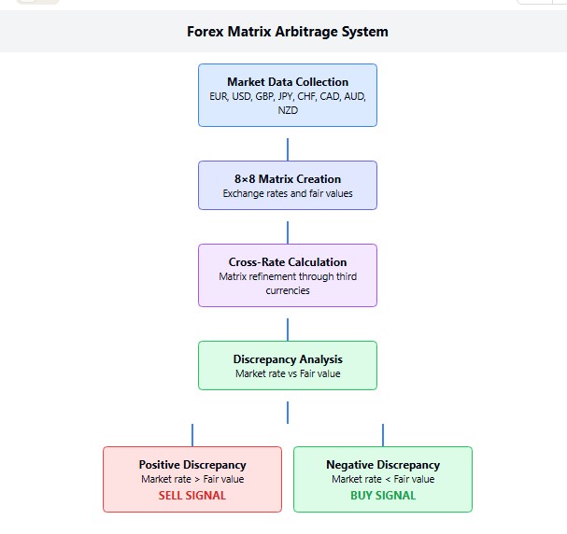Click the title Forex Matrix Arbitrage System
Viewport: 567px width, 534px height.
click(288, 32)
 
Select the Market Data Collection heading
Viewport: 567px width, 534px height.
click(288, 82)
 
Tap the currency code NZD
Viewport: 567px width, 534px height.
click(288, 110)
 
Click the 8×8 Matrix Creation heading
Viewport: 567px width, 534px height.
click(288, 179)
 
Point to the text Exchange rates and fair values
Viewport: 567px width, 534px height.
click(288, 193)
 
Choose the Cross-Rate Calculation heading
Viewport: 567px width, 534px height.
click(288, 262)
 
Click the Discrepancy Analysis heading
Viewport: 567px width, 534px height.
click(288, 359)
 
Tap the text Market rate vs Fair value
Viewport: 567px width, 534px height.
click(288, 373)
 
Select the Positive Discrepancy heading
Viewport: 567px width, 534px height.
click(192, 465)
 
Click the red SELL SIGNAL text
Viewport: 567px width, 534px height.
click(192, 496)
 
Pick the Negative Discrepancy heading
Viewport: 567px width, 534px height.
click(383, 465)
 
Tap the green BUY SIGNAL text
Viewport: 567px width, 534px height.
click(383, 496)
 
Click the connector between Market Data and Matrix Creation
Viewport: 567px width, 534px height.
click(288, 149)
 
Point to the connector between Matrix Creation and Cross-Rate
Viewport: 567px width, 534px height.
click(288, 232)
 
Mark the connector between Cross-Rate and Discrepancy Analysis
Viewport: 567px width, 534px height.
click(288, 330)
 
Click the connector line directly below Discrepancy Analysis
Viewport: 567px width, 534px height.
click(288, 413)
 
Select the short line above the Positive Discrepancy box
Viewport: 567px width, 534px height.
click(192, 435)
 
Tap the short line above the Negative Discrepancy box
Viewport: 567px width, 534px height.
click(383, 435)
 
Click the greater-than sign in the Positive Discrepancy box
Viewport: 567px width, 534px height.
click(197, 480)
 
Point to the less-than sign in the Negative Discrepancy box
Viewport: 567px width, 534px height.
click(388, 480)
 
